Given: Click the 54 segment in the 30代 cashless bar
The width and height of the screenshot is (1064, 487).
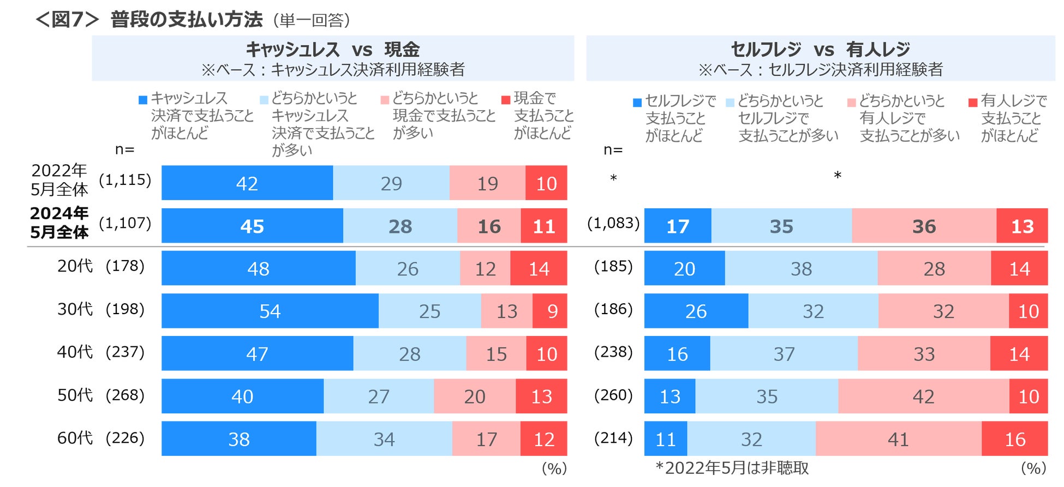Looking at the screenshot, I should click(x=270, y=311).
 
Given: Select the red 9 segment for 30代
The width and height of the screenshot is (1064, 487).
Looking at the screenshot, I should click(x=550, y=311).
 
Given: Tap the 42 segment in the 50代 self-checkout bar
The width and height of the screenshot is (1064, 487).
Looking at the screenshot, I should click(x=923, y=396).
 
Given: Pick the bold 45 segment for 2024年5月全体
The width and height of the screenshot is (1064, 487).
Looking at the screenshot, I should click(x=252, y=226).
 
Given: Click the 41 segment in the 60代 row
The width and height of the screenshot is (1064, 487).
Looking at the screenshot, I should click(x=898, y=439).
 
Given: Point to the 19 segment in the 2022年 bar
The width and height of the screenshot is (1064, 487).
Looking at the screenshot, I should click(x=487, y=183).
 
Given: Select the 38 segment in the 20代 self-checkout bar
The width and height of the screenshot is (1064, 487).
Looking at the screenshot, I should click(x=801, y=268).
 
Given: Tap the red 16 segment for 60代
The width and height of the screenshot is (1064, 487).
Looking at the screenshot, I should click(x=1014, y=439).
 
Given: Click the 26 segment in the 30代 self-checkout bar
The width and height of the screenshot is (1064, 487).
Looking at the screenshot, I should click(x=696, y=311).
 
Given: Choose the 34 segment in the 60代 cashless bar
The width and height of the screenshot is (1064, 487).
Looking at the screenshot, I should click(x=384, y=439).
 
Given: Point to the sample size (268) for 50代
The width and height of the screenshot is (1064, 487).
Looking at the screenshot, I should click(x=125, y=395).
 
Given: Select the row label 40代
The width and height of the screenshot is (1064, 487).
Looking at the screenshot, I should click(x=75, y=352).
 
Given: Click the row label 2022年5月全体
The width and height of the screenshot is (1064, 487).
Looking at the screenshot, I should click(x=59, y=180).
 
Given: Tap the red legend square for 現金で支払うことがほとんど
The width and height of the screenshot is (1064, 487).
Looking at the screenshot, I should click(x=506, y=100).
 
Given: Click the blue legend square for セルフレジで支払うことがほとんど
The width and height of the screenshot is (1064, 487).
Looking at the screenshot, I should click(x=637, y=103).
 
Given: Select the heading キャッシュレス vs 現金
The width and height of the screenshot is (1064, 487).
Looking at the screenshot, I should click(x=333, y=50).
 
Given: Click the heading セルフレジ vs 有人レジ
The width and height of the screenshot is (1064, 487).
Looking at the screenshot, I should click(x=820, y=50).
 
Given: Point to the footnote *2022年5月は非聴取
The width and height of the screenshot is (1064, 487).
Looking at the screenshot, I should click(x=732, y=468).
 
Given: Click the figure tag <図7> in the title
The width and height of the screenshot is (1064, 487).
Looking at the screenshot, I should click(x=67, y=20).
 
